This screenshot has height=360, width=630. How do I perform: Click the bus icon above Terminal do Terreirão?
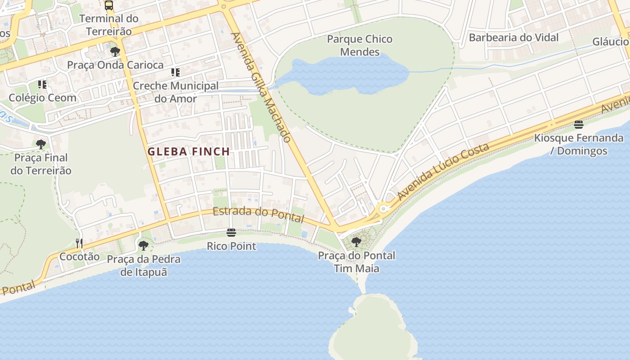tap(109, 5)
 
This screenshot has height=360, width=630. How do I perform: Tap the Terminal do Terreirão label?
tap(109, 25)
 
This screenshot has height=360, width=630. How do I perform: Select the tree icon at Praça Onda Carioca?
tap(115, 51)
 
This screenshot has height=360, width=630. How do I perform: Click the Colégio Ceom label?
tap(43, 98)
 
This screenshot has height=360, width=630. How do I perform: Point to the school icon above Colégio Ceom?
tap(42, 84)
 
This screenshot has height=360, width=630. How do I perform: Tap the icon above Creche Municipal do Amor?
tap(175, 72)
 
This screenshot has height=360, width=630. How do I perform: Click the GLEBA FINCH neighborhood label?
tap(189, 152)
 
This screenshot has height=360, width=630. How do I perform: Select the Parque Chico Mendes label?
tap(360, 45)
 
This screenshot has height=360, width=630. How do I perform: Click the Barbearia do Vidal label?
tap(513, 37)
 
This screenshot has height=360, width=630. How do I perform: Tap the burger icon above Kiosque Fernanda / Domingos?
tap(579, 124)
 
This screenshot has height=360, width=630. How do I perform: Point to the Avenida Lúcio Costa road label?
tap(443, 172)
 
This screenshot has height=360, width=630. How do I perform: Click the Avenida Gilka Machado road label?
tap(261, 87)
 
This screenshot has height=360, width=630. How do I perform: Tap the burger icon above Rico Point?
tap(231, 233)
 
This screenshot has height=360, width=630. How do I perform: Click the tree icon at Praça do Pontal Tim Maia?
tap(356, 242)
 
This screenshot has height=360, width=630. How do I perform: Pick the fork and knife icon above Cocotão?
tap(79, 243)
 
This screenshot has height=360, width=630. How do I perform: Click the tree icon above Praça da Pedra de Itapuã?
tap(144, 246)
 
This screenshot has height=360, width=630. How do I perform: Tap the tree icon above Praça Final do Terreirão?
tap(41, 144)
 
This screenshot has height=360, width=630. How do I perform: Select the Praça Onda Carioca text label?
tap(115, 65)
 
